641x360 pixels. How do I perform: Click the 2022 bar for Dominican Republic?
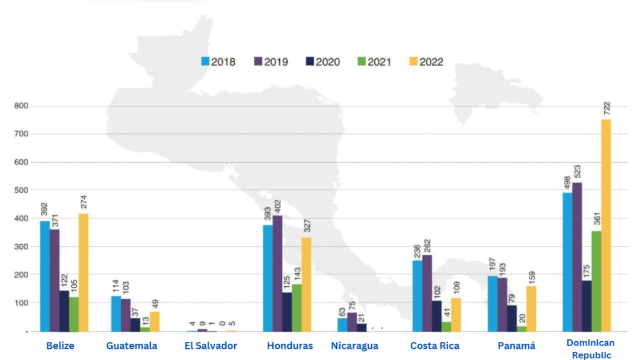(606, 225)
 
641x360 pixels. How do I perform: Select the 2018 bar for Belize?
(45, 276)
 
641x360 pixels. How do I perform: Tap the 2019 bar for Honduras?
(277, 274)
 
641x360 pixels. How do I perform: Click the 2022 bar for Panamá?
(531, 309)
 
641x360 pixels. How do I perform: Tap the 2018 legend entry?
(218, 61)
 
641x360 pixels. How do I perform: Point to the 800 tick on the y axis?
(22, 106)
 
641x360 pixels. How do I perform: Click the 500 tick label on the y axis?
(22, 190)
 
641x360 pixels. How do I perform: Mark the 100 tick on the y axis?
(22, 303)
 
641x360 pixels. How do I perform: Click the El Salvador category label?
(211, 346)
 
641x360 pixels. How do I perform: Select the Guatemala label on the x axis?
(131, 346)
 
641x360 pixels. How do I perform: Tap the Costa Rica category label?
(434, 346)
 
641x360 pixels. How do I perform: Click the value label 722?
(607, 107)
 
